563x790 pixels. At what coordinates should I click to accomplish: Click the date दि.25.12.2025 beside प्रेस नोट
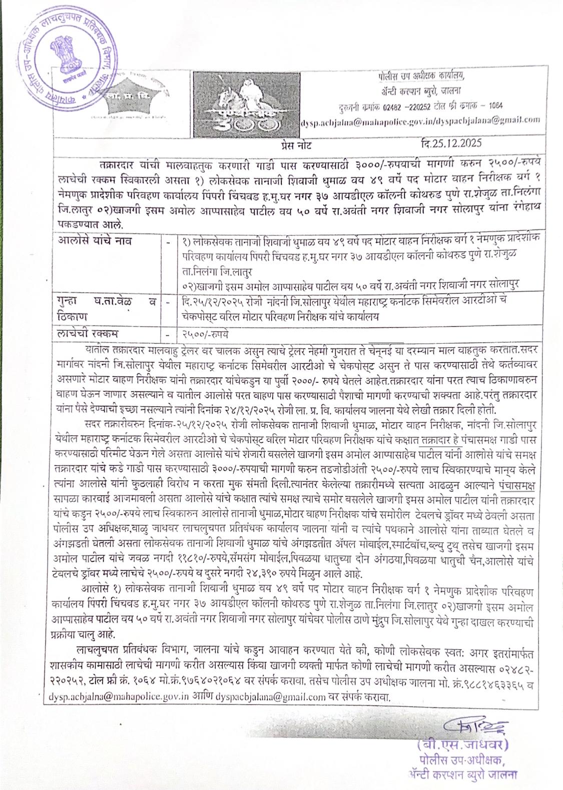451,144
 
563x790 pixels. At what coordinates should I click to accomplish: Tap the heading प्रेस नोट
296,146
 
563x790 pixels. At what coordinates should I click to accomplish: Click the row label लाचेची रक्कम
88,333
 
